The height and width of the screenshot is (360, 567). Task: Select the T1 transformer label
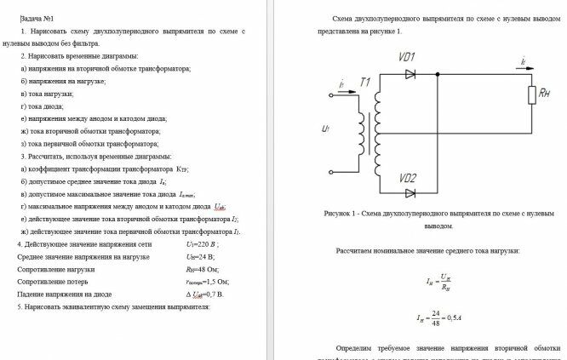tap(365, 82)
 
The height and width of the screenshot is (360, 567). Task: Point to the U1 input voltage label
tap(328, 129)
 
